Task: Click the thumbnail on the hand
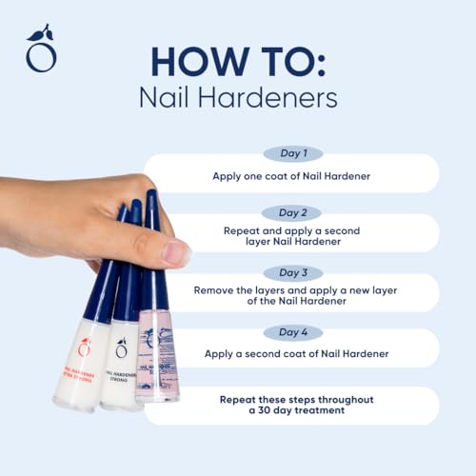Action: click(176, 252)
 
